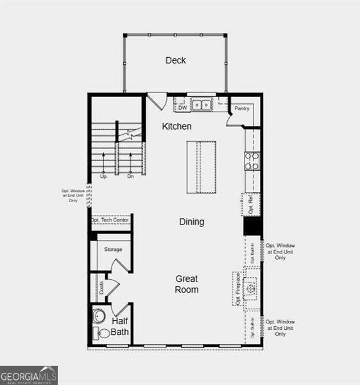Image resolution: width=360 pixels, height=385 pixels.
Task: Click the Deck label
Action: pos(175,60)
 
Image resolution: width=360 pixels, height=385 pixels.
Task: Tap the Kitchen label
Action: pos(176,126)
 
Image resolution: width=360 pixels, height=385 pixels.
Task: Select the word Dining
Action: pos(191,222)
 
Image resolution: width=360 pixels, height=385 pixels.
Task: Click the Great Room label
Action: pos(187,284)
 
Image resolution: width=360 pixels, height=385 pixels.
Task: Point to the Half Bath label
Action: pos(120,327)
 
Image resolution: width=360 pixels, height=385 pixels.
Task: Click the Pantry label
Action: pos(241,108)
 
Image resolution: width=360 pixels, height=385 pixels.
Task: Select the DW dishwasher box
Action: pos(182,108)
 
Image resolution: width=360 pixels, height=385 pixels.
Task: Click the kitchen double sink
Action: pos(202,105)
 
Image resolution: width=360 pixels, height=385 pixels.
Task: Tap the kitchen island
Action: pos(200,166)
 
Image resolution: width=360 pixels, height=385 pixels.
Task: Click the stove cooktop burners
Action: pos(252,160)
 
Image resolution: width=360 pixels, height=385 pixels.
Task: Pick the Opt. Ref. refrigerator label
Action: pos(251,205)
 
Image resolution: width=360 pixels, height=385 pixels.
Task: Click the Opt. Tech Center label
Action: pos(110,220)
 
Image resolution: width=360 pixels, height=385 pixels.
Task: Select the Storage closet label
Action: pos(114,249)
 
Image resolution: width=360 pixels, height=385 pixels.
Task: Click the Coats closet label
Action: pos(101,288)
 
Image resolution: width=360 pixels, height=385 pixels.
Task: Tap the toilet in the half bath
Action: pos(102,333)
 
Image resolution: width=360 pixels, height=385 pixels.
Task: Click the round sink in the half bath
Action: pos(99,316)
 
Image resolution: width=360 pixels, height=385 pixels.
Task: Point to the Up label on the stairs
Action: pos(103,176)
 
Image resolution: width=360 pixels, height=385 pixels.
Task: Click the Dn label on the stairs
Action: pos(130,176)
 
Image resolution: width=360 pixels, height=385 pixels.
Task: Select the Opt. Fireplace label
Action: pos(237,288)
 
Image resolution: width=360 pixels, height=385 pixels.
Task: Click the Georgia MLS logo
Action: pos(29,375)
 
